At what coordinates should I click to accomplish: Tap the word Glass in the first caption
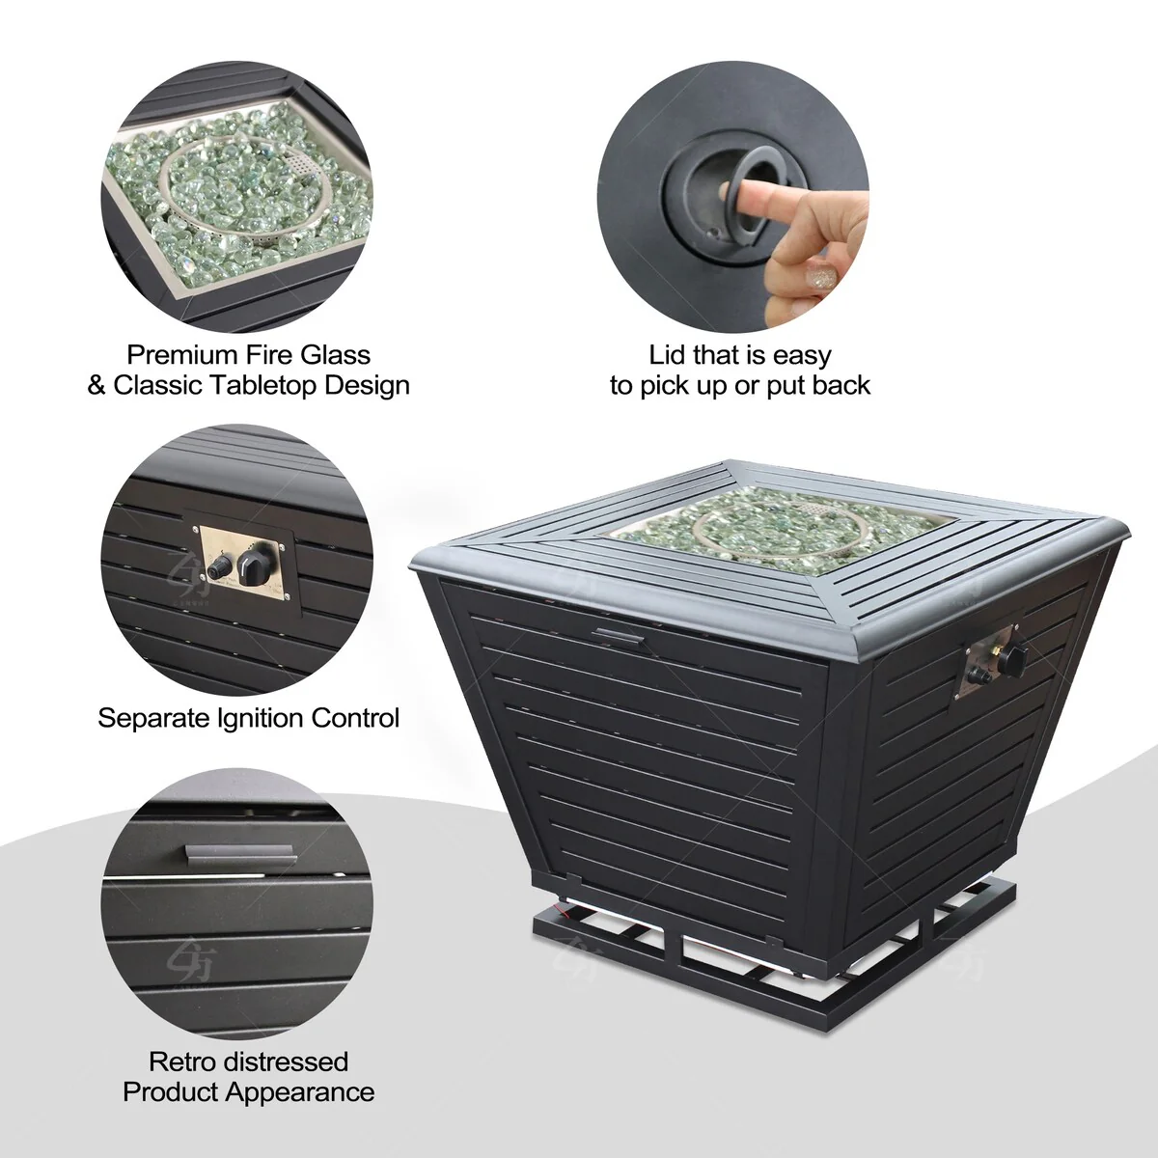335,355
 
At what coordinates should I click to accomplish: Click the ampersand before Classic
96,386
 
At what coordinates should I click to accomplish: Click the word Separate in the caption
152,718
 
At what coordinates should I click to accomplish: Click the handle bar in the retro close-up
241,853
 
